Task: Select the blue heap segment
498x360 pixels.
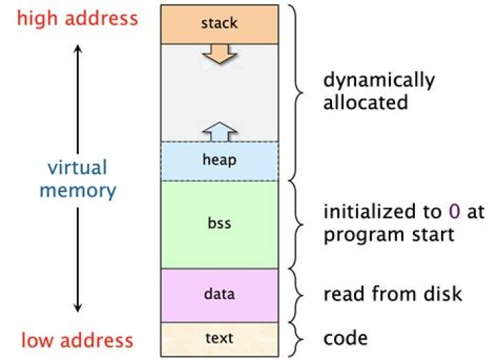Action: (219, 160)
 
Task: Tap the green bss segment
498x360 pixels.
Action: (219, 224)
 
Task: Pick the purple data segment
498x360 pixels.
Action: (219, 294)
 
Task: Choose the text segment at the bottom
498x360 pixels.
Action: (219, 339)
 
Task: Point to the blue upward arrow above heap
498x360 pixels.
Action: (219, 130)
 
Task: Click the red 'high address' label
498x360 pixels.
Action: (77, 19)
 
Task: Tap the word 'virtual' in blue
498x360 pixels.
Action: (77, 168)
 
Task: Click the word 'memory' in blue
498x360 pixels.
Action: (77, 189)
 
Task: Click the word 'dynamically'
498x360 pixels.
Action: (379, 80)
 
